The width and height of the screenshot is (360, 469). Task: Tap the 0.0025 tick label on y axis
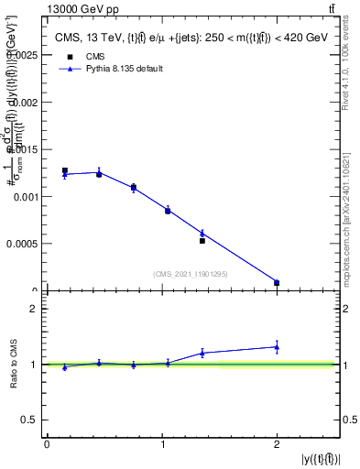pos(23,55)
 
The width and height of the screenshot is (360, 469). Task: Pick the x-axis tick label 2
pos(277,443)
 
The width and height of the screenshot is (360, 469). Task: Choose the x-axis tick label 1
pos(161,443)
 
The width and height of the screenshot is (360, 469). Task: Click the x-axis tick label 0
pos(47,443)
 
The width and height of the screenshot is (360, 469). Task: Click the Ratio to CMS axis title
pos(14,364)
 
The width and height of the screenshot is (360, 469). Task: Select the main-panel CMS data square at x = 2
pos(277,283)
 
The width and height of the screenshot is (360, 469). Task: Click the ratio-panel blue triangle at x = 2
pos(277,346)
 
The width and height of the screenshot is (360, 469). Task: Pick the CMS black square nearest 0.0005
pos(202,241)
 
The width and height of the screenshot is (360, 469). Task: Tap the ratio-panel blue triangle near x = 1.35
pos(202,352)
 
